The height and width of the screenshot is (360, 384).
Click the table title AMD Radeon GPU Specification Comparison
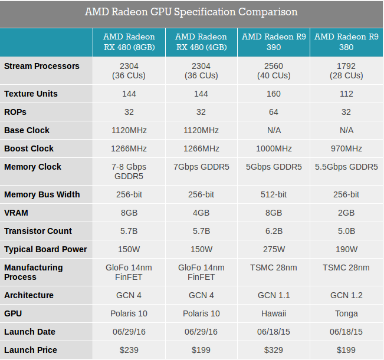pyautogui.click(x=191, y=12)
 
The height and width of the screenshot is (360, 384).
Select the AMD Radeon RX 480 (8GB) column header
pyautogui.click(x=129, y=42)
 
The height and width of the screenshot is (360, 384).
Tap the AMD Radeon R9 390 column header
pyautogui.click(x=274, y=42)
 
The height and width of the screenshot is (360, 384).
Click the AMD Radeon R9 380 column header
pyautogui.click(x=346, y=42)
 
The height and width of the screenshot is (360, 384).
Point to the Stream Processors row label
pyautogui.click(x=42, y=66)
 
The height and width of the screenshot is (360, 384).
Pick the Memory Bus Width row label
pyautogui.click(x=42, y=194)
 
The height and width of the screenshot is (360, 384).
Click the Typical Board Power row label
pyautogui.click(x=45, y=249)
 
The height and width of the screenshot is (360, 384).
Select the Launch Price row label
pyautogui.click(x=31, y=350)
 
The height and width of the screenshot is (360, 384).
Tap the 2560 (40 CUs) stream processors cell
pyautogui.click(x=274, y=71)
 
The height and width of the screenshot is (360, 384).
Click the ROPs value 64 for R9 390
pyautogui.click(x=274, y=112)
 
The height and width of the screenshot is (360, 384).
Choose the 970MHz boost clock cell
pyautogui.click(x=346, y=148)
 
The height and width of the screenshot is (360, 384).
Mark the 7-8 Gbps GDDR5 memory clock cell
pyautogui.click(x=129, y=171)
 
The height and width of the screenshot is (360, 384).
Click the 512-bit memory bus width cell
pyautogui.click(x=274, y=194)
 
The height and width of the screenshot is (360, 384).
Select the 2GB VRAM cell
pyautogui.click(x=346, y=213)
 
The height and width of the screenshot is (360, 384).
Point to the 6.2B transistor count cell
pyautogui.click(x=274, y=231)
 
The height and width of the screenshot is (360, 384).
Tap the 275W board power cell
pyautogui.click(x=274, y=249)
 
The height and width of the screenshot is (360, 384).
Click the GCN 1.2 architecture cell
pyautogui.click(x=346, y=295)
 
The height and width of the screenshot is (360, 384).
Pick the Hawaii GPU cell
pyautogui.click(x=274, y=313)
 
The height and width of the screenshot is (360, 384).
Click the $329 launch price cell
pyautogui.click(x=274, y=350)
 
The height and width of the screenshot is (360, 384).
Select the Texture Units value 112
pyautogui.click(x=346, y=94)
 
